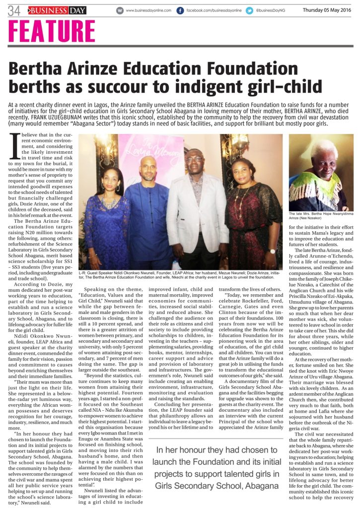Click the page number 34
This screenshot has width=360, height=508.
click(13, 10)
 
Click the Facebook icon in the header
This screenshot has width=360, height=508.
click(180, 10)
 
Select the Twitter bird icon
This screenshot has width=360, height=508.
click(249, 10)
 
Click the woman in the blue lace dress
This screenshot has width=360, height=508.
click(106, 213)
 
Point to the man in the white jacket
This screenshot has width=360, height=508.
click(195, 208)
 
